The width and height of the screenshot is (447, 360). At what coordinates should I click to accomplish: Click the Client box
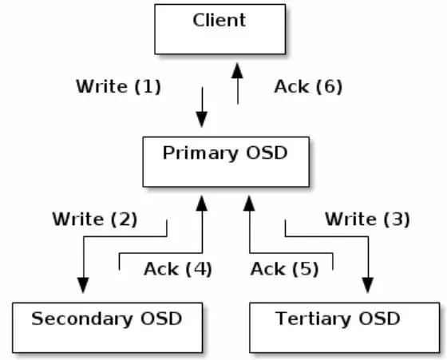[220, 29]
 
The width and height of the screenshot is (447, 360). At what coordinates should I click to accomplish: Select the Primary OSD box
[226, 162]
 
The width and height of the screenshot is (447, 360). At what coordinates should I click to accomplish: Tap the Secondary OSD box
[108, 328]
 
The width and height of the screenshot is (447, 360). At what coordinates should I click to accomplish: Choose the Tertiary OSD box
[345, 328]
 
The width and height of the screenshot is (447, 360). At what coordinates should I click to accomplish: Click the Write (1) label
[119, 86]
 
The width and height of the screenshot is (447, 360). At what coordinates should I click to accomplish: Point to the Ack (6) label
[308, 86]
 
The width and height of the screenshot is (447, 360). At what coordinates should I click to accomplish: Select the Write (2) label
[95, 220]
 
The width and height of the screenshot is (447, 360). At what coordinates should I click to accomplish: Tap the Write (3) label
[368, 220]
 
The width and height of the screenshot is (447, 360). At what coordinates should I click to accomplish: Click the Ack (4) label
[178, 269]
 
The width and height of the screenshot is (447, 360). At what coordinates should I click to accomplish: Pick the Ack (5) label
[284, 269]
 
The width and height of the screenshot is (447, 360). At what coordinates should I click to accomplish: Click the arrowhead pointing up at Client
[237, 71]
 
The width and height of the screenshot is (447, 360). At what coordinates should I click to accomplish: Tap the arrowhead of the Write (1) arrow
[202, 120]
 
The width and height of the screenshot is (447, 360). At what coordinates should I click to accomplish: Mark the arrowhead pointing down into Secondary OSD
[83, 285]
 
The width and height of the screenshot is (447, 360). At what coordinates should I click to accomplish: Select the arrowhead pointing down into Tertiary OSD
[368, 285]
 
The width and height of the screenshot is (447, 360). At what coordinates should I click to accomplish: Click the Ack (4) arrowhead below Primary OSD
[202, 204]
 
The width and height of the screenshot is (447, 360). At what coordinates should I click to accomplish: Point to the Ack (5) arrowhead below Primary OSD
[249, 204]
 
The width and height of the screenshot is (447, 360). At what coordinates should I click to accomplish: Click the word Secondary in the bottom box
[82, 319]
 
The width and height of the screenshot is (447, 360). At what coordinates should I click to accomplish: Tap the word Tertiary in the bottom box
[313, 319]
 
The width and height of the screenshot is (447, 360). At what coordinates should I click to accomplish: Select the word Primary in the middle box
[200, 153]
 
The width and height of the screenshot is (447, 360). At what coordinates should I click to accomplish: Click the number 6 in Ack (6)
[329, 86]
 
